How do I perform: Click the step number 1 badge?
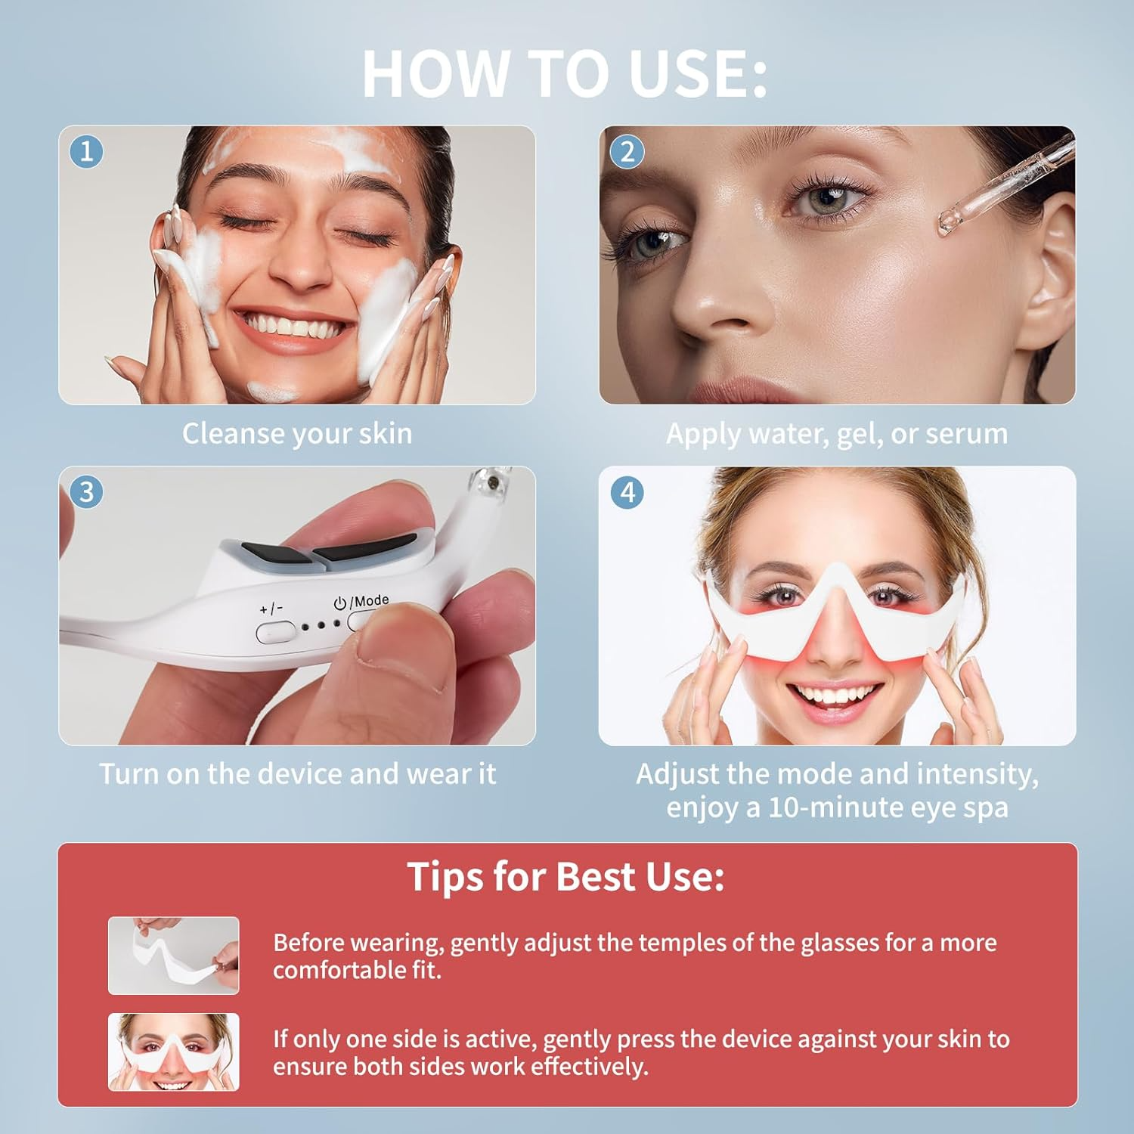coord(86,151)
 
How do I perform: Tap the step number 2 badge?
coord(627,151)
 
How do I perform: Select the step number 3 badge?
coord(86,491)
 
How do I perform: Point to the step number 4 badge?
coord(627,492)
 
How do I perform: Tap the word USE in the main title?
coord(687,73)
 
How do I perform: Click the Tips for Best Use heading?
coord(565,877)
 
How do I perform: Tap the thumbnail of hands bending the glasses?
coord(173,955)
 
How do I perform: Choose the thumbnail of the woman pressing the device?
coord(173,1052)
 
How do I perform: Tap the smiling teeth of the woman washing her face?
coord(295,327)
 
